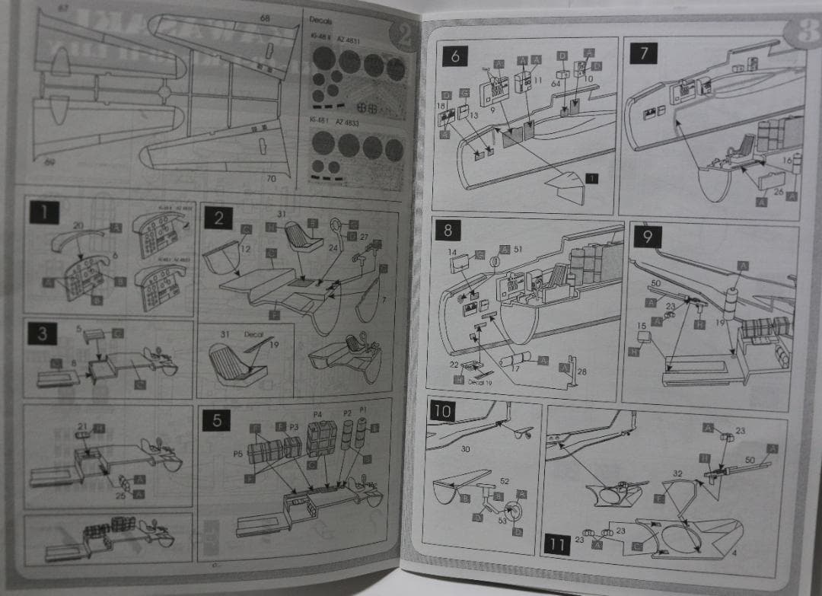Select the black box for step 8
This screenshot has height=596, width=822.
[448, 229]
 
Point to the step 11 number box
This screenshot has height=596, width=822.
[557, 545]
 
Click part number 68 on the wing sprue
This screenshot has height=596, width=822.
[264, 18]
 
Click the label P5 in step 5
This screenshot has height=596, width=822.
[238, 453]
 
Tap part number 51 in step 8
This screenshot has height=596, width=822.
[518, 249]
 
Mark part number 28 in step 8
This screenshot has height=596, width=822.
[582, 371]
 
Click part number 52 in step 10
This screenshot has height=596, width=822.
[504, 481]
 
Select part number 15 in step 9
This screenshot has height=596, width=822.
[641, 326]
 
